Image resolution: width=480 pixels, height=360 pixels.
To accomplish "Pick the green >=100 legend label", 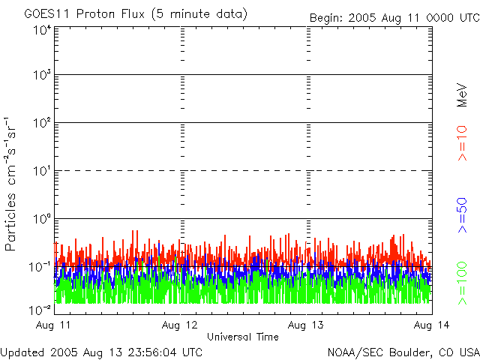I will [x=463, y=281].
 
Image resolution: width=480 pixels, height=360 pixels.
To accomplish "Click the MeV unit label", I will [x=463, y=95].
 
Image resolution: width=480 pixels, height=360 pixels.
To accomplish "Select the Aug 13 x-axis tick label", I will [x=306, y=324].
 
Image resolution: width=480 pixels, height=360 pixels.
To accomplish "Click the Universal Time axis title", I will [x=242, y=337].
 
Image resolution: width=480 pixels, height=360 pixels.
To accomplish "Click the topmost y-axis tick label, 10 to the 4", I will [x=41, y=30].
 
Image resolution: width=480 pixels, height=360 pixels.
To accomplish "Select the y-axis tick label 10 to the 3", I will [x=41, y=76].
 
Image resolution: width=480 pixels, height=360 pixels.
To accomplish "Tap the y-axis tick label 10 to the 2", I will [x=41, y=123].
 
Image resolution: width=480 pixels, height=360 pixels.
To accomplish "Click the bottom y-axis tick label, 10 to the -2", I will [x=40, y=309].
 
